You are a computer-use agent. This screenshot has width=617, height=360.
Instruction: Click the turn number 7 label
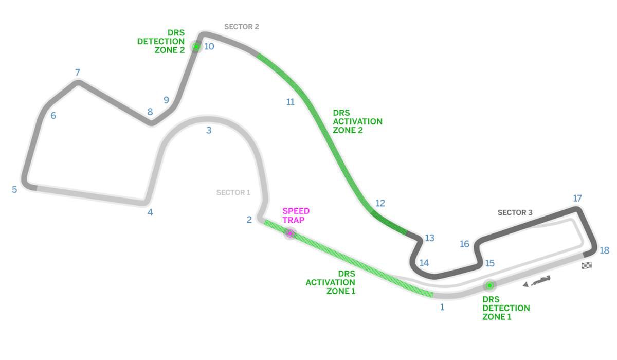point(78,73)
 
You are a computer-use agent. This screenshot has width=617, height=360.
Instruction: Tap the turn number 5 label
point(14,189)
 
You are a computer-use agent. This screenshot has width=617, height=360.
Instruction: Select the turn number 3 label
point(209,131)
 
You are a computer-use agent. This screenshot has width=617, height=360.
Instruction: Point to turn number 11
point(291,102)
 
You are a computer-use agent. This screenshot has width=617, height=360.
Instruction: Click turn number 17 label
point(577,199)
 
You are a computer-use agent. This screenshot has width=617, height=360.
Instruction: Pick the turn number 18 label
point(604,250)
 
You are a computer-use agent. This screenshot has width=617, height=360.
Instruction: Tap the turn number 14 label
point(424,263)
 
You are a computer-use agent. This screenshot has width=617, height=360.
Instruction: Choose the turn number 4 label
point(150,212)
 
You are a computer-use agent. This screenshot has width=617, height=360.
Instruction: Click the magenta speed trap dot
point(290,233)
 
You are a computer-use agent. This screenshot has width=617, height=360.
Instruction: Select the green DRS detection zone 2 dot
point(196,47)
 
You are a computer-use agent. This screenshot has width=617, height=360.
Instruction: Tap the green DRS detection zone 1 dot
point(489,285)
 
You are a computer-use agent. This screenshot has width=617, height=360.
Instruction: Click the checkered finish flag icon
point(587,265)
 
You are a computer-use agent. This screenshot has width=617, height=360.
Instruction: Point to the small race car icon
point(537,281)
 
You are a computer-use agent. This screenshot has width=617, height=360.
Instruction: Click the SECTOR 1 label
point(233,193)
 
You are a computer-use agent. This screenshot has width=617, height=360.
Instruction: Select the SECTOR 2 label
point(241,27)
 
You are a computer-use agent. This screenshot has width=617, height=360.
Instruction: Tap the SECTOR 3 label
point(515,212)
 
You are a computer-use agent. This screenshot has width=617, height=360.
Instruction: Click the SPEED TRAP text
point(296,215)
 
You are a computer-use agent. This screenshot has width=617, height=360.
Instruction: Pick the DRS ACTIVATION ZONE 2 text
point(357,121)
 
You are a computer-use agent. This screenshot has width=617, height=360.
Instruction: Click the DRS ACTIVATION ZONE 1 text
point(331,282)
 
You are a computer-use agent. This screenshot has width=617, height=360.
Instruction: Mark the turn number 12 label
point(380,203)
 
